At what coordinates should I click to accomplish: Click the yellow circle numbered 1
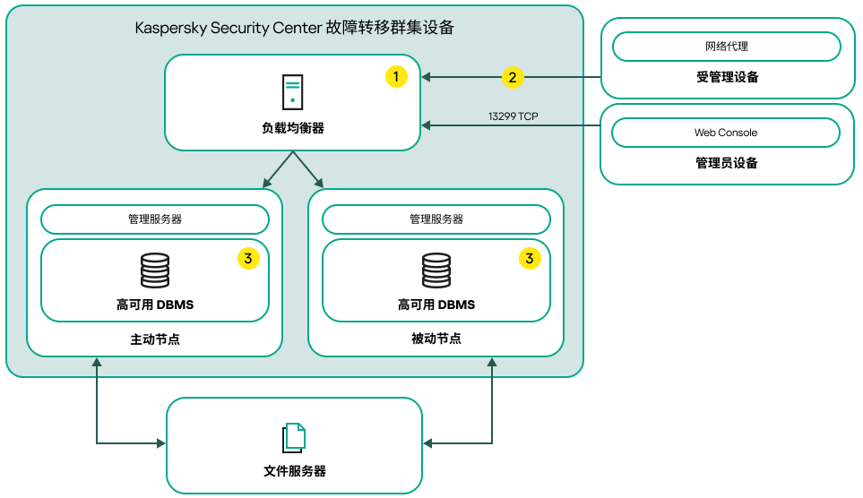(396, 77)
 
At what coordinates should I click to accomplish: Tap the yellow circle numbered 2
(512, 77)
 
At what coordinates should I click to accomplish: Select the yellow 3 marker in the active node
(248, 258)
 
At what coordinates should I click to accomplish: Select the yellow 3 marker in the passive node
(530, 258)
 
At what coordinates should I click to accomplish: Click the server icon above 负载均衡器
(292, 91)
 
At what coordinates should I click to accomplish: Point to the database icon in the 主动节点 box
(155, 270)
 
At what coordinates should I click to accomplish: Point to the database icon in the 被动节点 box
(436, 270)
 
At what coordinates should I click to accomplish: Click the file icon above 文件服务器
(294, 437)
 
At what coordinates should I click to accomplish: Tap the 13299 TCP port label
(513, 116)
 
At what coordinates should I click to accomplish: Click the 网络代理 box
(726, 46)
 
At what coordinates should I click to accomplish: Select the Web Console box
(726, 133)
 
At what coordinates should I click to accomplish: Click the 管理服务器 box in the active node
(155, 219)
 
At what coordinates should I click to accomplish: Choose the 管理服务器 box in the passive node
(436, 219)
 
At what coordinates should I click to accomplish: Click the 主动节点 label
(155, 339)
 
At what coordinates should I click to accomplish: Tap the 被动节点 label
(436, 339)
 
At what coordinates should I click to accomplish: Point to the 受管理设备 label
(727, 77)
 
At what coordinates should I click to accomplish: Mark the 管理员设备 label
(727, 163)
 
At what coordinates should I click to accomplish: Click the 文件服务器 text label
(294, 471)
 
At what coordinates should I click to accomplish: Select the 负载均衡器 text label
(292, 128)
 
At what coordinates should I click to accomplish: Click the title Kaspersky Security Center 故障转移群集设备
(295, 28)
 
